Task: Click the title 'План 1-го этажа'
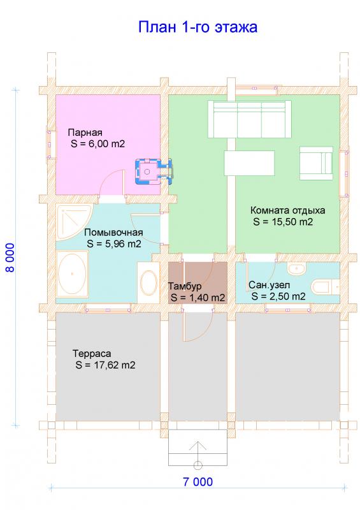coord(198,27)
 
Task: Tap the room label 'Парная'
coord(85,133)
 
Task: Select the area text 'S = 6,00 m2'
coord(98,144)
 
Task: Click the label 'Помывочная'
coord(113,233)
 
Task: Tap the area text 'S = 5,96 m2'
coord(114,244)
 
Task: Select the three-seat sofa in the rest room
coord(249,119)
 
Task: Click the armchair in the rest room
coord(316,163)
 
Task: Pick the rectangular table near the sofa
coord(249,163)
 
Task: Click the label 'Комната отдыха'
coord(287,210)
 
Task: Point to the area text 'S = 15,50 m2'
coord(283,222)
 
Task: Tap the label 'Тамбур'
coord(185,286)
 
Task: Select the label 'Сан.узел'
coord(269,285)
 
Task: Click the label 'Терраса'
coord(92,354)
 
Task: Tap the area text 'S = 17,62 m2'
coord(105,365)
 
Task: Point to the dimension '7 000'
coord(198,482)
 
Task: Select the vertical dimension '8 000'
coord(10,258)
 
